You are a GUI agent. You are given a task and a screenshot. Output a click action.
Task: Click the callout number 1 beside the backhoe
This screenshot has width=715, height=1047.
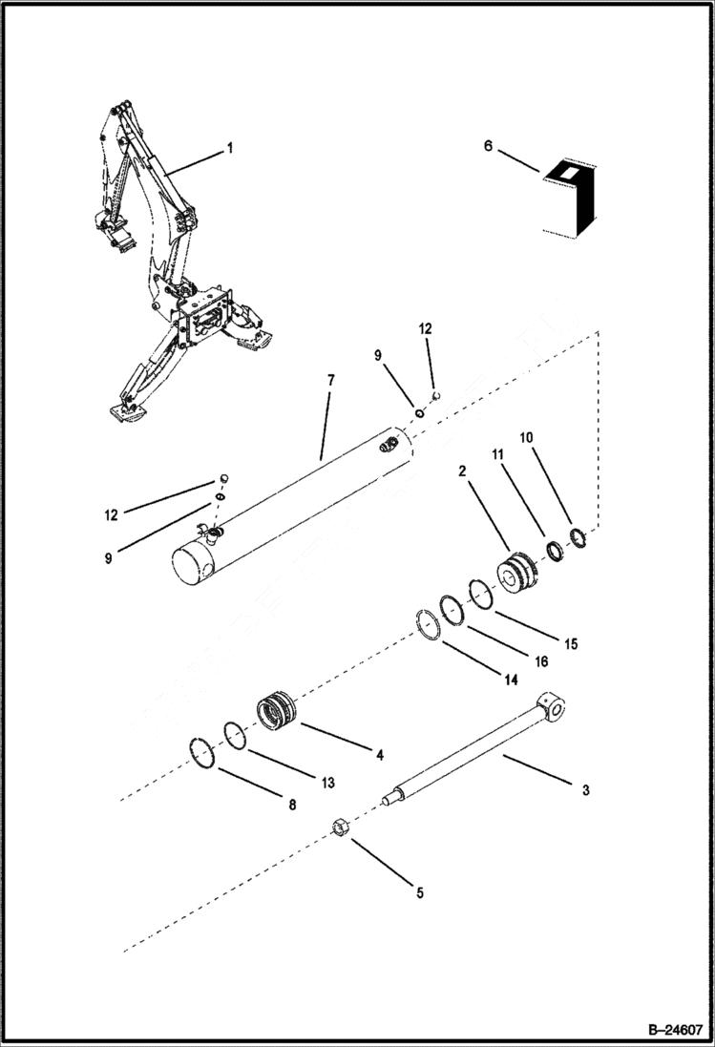click(229, 148)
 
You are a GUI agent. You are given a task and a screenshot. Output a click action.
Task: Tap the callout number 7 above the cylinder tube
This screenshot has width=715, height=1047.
click(330, 380)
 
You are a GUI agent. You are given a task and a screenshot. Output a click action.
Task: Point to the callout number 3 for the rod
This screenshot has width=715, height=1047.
click(585, 789)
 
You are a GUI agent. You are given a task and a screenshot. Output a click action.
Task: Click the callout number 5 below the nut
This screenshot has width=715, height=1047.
click(418, 893)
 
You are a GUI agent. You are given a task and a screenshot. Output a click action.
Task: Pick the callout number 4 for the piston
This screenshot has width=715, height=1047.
click(379, 755)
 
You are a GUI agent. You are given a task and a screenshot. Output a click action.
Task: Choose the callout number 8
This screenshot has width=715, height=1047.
click(292, 805)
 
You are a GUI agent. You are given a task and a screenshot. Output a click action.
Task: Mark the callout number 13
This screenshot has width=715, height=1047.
click(327, 783)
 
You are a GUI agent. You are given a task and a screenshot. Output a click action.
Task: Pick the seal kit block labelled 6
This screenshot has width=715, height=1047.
click(570, 200)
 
